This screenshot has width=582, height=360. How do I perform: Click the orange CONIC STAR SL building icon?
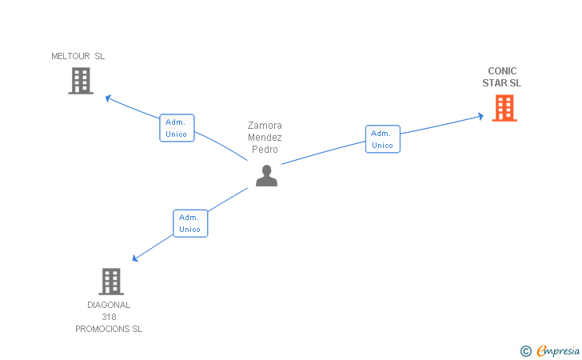coord(504,108)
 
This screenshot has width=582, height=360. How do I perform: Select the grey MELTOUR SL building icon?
coord(81,81)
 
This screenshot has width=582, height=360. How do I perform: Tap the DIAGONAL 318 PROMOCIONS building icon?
coord(111,282)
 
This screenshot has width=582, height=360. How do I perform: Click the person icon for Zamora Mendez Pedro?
coord(266,175)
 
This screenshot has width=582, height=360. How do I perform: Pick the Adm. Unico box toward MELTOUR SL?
coord(177,128)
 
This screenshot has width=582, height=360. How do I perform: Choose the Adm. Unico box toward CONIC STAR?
coord(382,139)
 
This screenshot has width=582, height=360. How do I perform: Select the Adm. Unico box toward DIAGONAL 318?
coord(190,223)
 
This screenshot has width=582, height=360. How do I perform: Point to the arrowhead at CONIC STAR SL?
coord(480,116)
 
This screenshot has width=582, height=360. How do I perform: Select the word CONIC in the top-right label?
coord(502,71)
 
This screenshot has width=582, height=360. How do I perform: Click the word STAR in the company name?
coord(494,83)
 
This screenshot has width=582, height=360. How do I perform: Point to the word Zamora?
coord(265,126)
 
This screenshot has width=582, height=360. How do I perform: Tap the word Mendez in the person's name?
coord(265,138)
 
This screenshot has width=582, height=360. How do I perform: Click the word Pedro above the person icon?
coord(265,150)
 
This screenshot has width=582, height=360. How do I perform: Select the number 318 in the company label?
coord(109,317)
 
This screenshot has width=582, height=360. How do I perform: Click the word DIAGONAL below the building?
coord(109,305)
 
